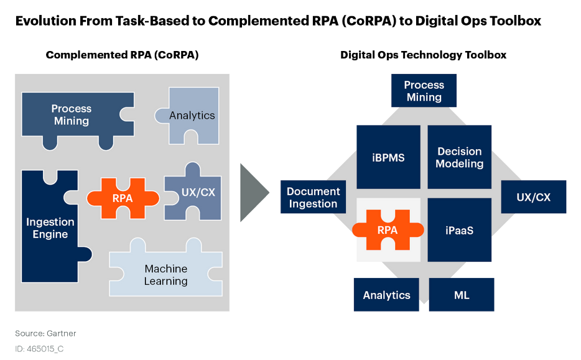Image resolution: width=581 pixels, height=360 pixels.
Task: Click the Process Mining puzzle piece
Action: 74,115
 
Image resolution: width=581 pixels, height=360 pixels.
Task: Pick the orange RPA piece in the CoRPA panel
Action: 123,198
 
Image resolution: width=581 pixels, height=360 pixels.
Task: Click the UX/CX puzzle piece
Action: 195,193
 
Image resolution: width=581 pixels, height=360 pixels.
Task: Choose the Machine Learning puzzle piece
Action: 166,272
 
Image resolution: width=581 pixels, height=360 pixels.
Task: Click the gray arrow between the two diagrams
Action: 253,193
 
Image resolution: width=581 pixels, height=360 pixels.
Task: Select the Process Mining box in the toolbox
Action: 424,91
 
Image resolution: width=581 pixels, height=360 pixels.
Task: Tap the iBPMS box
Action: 388,157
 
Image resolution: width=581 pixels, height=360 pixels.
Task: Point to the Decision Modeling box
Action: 460,157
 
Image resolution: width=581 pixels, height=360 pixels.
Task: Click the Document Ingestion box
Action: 313,197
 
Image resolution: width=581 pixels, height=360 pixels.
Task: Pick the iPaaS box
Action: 460,230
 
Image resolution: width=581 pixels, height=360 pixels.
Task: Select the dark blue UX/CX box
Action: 534,197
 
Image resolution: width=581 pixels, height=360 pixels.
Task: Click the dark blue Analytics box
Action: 386,295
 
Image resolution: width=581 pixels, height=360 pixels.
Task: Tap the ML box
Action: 462,295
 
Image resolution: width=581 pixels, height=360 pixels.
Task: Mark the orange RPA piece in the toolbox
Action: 388,230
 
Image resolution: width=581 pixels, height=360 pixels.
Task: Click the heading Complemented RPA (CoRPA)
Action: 123,55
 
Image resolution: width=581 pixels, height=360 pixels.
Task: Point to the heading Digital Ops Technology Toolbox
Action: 423,55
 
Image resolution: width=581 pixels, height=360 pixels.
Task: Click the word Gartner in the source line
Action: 61,333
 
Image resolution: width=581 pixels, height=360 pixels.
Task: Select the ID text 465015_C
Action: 45,349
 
